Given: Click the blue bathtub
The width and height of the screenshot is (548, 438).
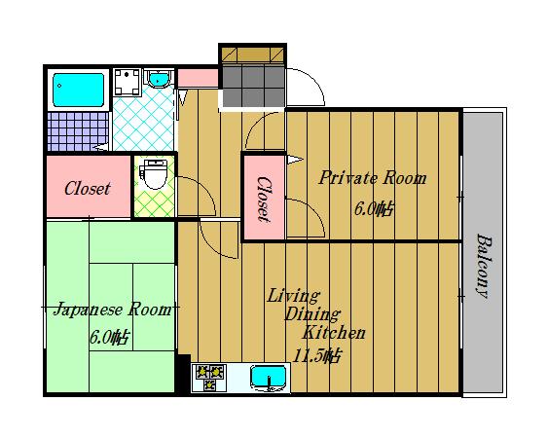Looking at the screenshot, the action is tap(78, 90).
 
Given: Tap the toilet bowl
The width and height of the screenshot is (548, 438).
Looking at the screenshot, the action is tap(154, 174).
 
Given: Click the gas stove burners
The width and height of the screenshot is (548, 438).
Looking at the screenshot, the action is tap(209, 377).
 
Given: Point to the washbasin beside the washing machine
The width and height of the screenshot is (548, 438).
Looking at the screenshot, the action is tap(158, 78).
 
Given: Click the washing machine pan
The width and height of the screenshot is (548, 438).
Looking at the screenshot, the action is tap(127, 82).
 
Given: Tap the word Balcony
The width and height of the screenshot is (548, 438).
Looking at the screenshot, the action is tap(484, 267).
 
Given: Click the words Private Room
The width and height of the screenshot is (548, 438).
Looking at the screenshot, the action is tap(373, 177).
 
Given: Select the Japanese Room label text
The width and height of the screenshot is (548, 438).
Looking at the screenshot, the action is tap(113, 310).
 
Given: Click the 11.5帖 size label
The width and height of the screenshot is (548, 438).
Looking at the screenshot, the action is tap(316, 356).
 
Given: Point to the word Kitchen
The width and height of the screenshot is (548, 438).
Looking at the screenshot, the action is tap(334, 333).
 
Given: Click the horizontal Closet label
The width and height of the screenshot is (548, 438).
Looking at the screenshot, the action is tap(88, 189).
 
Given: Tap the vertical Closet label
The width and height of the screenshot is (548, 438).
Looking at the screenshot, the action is tap(264, 200).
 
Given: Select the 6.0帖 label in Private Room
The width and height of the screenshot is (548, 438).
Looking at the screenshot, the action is tap(374, 209).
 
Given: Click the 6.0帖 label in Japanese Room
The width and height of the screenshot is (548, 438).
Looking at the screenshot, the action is tap(109, 338).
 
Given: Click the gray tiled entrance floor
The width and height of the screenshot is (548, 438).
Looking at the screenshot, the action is tap(253, 86).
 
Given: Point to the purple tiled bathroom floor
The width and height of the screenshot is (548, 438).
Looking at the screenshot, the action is tap(78, 131).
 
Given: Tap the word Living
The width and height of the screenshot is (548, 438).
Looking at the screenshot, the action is tap(294, 296).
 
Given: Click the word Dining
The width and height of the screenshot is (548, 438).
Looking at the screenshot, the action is tap(312, 314).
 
